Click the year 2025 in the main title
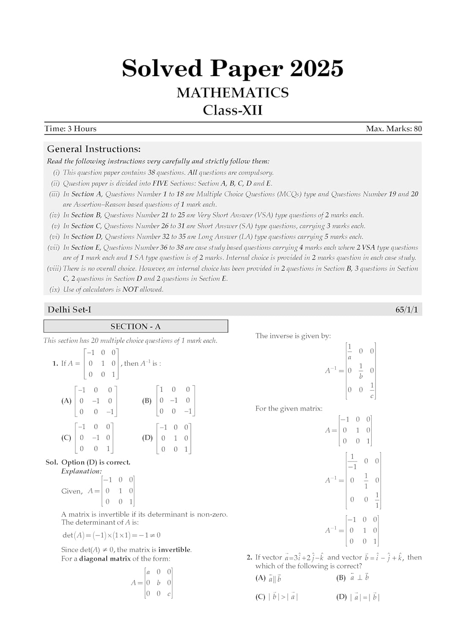317,68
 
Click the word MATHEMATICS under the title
233,93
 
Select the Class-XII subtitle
233,110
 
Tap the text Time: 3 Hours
70,129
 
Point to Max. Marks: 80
394,129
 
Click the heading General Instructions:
94,149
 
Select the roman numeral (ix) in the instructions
55,289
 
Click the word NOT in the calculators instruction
130,289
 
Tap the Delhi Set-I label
69,310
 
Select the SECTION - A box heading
135,326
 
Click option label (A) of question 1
66,401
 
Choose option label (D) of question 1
147,438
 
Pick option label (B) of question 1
147,401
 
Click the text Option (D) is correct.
96,462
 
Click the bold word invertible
174,550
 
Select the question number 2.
249,557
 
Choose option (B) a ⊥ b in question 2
353,578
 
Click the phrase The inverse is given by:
293,336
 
